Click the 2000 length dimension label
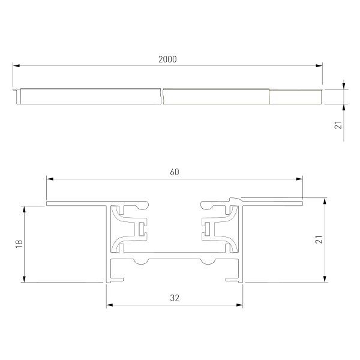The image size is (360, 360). (x=167, y=59)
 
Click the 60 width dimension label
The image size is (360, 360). (x=175, y=172)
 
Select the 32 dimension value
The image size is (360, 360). (x=175, y=297)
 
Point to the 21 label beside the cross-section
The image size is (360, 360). (x=337, y=239)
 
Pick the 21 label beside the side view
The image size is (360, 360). (x=338, y=125)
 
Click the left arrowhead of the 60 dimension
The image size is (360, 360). (x=50, y=178)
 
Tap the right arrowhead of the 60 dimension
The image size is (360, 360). (x=299, y=178)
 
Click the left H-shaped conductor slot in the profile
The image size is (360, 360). (x=142, y=228)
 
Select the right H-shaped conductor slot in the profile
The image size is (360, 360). (x=208, y=228)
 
